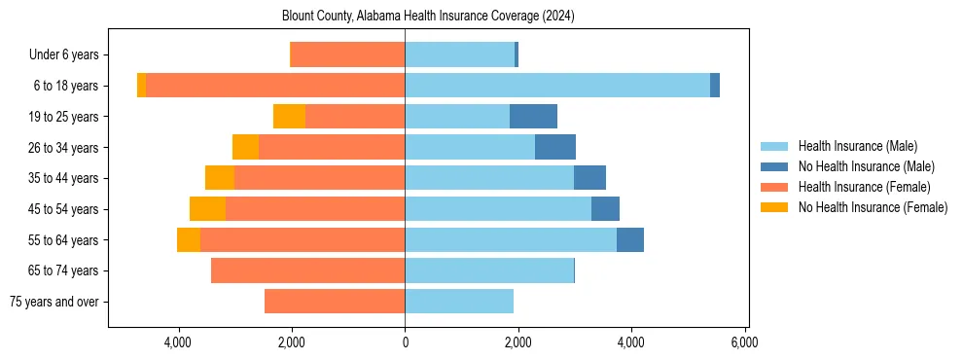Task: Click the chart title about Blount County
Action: click(x=429, y=17)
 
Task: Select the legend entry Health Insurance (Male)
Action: click(x=857, y=146)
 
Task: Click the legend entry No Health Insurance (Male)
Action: click(x=866, y=166)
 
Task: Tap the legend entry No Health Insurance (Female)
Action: click(x=873, y=207)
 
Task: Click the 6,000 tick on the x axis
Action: click(x=744, y=342)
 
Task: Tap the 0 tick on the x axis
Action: click(x=405, y=342)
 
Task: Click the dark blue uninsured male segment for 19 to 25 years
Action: click(x=533, y=117)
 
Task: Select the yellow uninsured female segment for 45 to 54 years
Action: click(x=207, y=209)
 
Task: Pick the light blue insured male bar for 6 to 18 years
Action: click(x=557, y=86)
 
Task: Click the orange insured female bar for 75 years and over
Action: click(x=335, y=302)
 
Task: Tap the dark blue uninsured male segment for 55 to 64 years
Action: click(x=630, y=240)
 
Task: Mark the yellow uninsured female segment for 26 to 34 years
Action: click(x=245, y=147)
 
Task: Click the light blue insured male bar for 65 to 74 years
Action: click(x=489, y=270)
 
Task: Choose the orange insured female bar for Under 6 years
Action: click(x=348, y=55)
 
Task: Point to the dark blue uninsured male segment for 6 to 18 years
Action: click(x=715, y=86)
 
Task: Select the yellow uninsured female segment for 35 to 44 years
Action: click(x=220, y=178)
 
